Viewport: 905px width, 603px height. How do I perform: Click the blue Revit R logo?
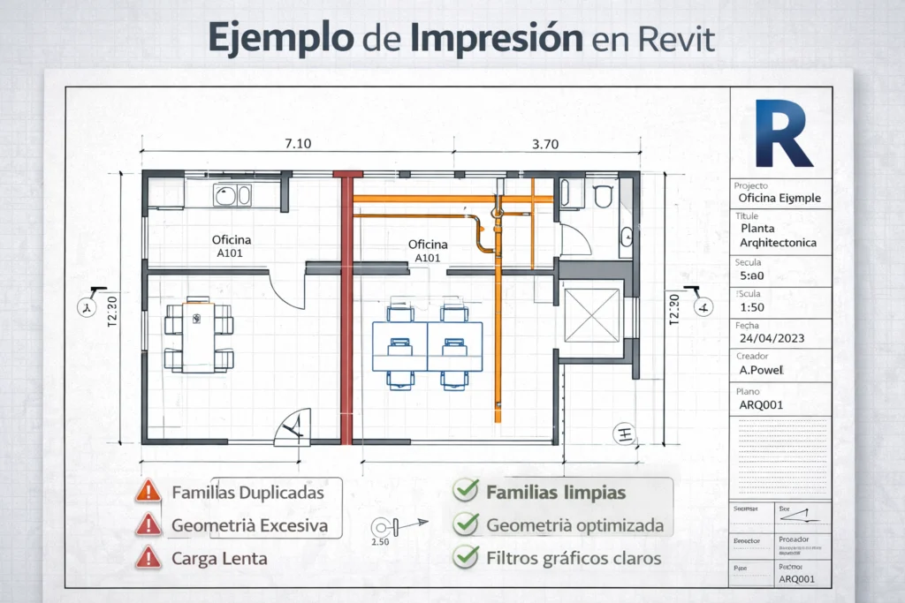783,134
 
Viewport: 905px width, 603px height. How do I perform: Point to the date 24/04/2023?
772,337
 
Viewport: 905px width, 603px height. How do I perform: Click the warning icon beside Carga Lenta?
148,557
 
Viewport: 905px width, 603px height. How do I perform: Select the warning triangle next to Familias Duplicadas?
148,491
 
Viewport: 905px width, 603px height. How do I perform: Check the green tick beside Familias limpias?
465,492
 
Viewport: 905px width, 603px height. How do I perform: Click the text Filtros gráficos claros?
573,558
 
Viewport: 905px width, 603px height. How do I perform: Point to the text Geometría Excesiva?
249,525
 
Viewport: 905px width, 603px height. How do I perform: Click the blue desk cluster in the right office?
428,345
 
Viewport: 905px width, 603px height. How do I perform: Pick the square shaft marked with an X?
591,315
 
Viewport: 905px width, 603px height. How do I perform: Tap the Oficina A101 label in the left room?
232,245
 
